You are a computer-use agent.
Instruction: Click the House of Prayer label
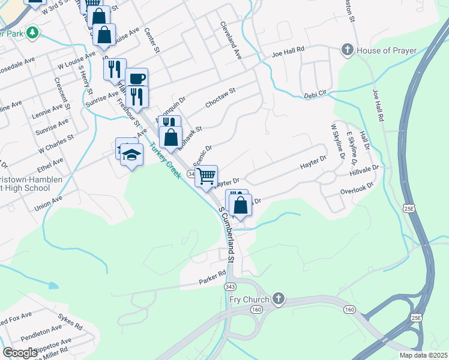tap(387, 50)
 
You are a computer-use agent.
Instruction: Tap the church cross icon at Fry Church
tap(277, 298)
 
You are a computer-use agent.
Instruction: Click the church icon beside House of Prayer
tap(347, 50)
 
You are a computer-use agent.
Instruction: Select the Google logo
tap(20, 352)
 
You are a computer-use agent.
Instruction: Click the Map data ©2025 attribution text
tap(423, 355)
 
